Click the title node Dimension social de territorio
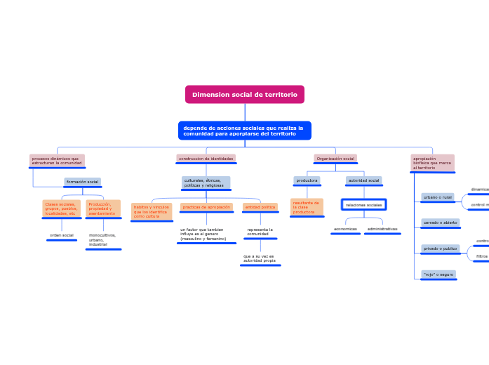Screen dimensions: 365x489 (245, 94)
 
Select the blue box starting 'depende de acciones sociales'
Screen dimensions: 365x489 (244, 131)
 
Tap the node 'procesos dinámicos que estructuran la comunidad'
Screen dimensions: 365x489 (57, 161)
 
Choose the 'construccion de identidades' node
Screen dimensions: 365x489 (206, 159)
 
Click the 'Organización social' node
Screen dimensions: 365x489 (335, 159)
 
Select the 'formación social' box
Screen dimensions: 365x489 (83, 182)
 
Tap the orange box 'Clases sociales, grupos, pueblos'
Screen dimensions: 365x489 (62, 208)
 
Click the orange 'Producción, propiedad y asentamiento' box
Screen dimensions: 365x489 (103, 208)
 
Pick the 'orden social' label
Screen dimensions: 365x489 (62, 235)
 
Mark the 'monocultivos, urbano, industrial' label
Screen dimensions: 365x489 (103, 239)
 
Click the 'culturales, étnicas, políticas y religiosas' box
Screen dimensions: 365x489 (206, 183)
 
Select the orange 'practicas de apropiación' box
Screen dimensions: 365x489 (206, 207)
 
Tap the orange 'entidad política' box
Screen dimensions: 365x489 (260, 207)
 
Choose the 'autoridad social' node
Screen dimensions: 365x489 (364, 180)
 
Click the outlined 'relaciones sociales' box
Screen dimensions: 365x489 (364, 205)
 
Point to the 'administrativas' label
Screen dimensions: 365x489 (382, 229)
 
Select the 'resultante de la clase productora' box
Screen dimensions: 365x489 (307, 207)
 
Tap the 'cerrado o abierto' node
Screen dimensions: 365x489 (441, 223)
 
